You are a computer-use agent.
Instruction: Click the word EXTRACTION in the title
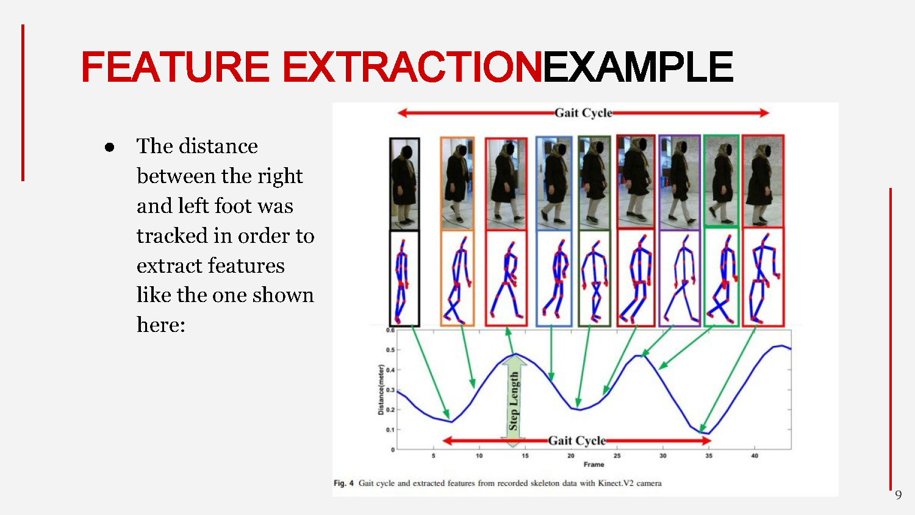coord(412,67)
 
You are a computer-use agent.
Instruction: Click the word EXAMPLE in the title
coord(637,67)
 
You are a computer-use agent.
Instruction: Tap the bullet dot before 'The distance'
coord(110,147)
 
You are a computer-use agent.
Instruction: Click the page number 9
coord(898,495)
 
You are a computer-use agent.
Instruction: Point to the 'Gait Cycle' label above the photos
coord(583,113)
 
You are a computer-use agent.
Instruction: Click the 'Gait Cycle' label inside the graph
coord(576,441)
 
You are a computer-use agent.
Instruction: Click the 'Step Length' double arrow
coord(514,400)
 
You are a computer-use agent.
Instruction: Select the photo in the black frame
coord(404,184)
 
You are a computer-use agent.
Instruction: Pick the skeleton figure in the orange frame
coord(457,278)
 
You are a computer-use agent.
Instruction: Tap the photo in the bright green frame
coord(721,181)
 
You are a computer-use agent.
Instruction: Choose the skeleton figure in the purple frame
coord(680,278)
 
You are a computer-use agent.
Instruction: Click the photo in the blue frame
coord(554,183)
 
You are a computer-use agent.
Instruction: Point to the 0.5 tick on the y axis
coord(390,350)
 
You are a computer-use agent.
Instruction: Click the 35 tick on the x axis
coord(709,456)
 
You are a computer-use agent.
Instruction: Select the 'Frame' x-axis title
coord(594,464)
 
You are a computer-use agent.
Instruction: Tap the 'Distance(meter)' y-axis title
coord(381,390)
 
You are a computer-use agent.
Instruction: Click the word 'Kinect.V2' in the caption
coord(615,483)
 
